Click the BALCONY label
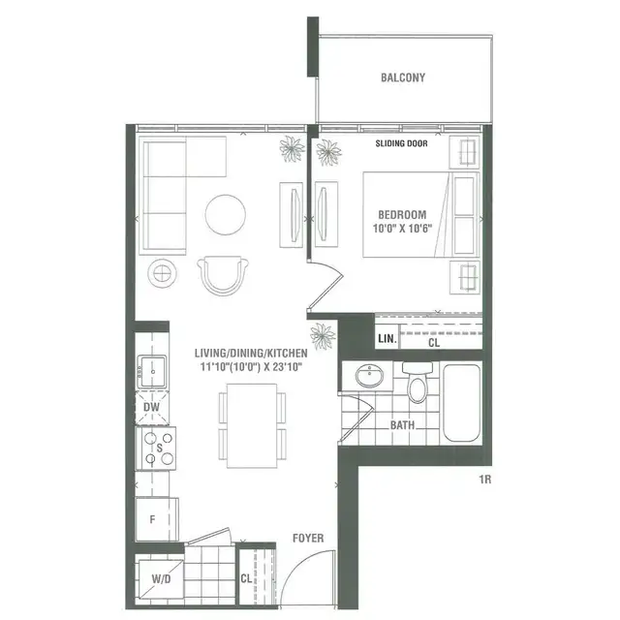tap(403, 77)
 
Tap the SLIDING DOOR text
tap(401, 143)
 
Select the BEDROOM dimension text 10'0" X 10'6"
tap(402, 229)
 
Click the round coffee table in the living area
tap(226, 215)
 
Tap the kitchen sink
tap(152, 372)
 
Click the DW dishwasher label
tap(151, 407)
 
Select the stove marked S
tap(156, 449)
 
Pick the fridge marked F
tap(157, 519)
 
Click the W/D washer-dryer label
tap(161, 579)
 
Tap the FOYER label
tap(308, 539)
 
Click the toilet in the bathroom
tap(418, 382)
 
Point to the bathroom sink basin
tap(369, 375)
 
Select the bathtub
tap(461, 403)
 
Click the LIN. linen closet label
tap(387, 339)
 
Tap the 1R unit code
tap(485, 480)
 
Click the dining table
tap(252, 426)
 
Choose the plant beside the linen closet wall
tap(323, 336)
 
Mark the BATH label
tap(403, 425)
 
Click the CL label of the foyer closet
tap(246, 579)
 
